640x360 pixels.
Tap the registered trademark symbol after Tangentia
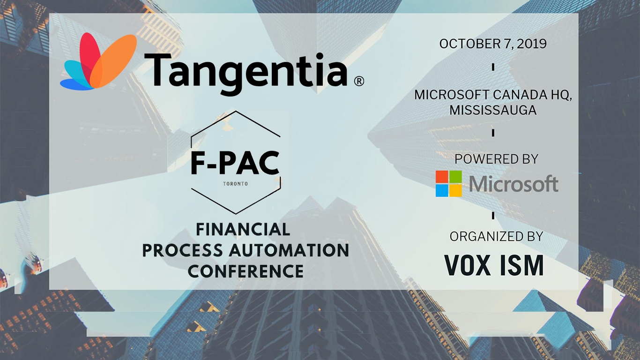358,82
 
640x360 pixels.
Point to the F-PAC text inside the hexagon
235,163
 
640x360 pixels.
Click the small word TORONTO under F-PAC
236,184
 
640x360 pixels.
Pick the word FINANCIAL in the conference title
243,229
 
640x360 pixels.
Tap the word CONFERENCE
246,271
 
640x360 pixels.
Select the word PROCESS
183,250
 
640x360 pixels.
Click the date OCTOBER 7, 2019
493,44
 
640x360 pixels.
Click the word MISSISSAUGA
493,110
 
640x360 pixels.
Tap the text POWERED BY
496,159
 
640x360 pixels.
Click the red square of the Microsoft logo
442,177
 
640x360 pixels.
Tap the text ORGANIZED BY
496,237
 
